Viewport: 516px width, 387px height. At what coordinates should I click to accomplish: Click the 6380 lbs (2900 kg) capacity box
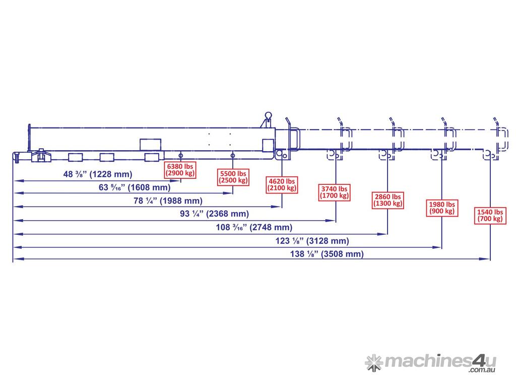[x=180, y=169]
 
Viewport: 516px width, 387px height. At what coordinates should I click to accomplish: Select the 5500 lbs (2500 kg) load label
[x=233, y=176]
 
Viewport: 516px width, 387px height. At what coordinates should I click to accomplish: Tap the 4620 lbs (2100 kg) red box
[x=282, y=184]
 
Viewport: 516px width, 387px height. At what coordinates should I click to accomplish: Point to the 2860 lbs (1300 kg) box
[x=388, y=200]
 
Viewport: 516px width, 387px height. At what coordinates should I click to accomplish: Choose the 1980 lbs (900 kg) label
[x=442, y=208]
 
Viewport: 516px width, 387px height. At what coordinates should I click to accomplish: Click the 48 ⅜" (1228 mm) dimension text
[x=97, y=174]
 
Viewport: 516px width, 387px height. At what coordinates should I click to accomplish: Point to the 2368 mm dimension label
[x=214, y=214]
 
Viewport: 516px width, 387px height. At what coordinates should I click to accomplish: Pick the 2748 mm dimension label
[x=254, y=227]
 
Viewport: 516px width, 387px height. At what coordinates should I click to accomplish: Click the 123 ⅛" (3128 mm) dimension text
[x=312, y=241]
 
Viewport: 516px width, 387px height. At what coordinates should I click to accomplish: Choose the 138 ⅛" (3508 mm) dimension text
[x=327, y=254]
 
